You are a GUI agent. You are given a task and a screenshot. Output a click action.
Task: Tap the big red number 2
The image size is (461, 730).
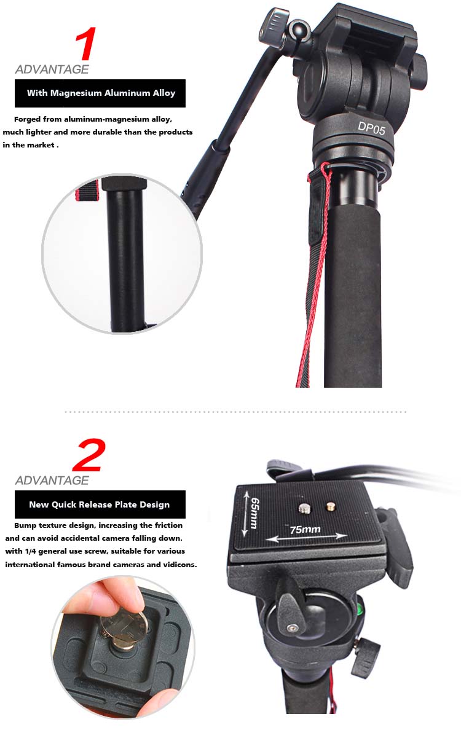[89, 454]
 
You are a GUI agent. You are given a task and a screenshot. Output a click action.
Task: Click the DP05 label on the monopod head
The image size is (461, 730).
[371, 128]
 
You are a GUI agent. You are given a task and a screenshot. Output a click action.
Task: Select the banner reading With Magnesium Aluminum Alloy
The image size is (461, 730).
[100, 93]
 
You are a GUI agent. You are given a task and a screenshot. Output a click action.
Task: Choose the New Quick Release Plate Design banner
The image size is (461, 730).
[100, 504]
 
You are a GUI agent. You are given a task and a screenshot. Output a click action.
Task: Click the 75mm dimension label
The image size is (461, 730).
[305, 529]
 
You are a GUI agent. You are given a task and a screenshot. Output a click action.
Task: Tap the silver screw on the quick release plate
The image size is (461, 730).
[304, 508]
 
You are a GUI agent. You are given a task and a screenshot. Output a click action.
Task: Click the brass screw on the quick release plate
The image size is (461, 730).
[331, 506]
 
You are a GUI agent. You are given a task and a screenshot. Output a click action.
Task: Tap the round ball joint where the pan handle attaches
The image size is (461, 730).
[299, 29]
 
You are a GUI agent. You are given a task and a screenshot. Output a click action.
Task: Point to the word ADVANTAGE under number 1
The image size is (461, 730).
[52, 69]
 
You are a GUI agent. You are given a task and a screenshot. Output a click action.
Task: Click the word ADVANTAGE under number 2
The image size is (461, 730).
[52, 481]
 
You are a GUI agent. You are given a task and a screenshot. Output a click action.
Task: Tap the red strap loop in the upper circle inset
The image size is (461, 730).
[87, 190]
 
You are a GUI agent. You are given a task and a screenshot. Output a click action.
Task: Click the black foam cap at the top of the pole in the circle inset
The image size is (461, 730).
[124, 183]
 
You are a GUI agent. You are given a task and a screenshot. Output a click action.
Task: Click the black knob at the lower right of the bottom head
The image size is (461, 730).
[366, 657]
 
